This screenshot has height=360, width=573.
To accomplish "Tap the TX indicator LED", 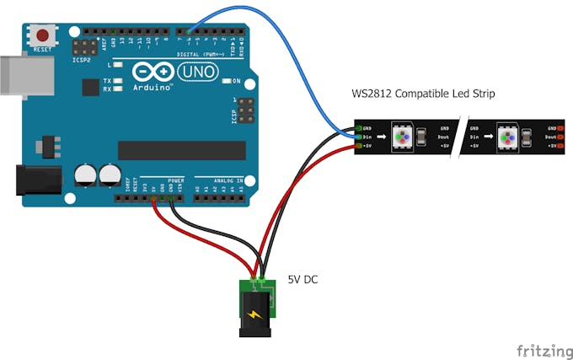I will click(119, 81).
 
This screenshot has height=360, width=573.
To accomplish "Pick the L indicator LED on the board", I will click(119, 64).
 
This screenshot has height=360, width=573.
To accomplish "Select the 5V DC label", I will click(304, 279).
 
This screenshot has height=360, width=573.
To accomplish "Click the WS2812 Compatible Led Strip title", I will click(423, 94).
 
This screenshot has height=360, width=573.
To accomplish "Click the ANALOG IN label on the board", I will click(228, 180).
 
